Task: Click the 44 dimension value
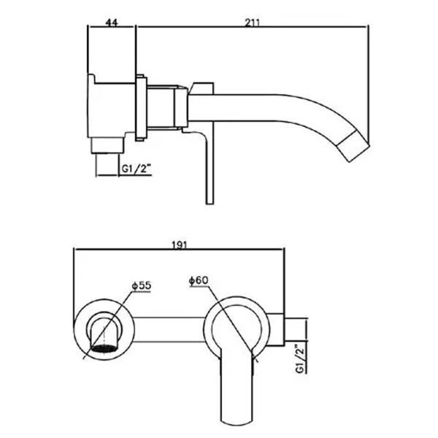tap(112, 23)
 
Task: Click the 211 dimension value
tap(252, 23)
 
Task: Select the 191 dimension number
tap(179, 245)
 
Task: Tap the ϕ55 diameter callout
tap(142, 285)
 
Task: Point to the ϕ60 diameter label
tap(199, 280)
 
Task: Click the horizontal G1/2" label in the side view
tap(137, 169)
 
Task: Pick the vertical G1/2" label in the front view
tap(300, 359)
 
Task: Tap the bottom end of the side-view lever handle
tap(210, 204)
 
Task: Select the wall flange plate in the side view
tap(140, 108)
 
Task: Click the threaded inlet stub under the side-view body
tap(107, 146)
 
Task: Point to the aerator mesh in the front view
tap(104, 349)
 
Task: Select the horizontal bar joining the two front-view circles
tap(169, 330)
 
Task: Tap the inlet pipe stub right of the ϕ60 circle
tap(296, 330)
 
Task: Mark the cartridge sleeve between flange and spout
tap(161, 107)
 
